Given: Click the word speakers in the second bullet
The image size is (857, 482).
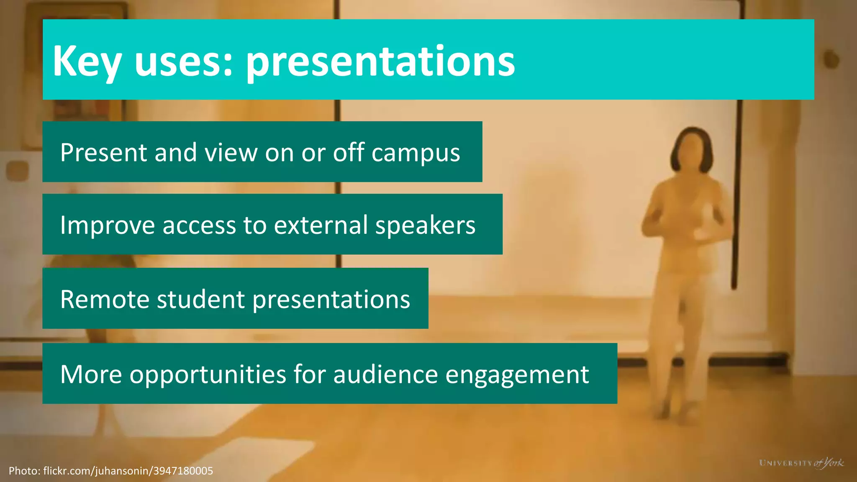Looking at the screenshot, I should (425, 226).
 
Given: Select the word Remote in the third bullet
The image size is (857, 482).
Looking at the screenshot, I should (105, 299).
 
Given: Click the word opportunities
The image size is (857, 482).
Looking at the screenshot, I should (208, 374).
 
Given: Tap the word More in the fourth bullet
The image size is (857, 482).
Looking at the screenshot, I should (91, 374).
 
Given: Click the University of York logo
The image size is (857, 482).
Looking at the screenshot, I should (801, 463).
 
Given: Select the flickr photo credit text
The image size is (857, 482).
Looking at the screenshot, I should (111, 471).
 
